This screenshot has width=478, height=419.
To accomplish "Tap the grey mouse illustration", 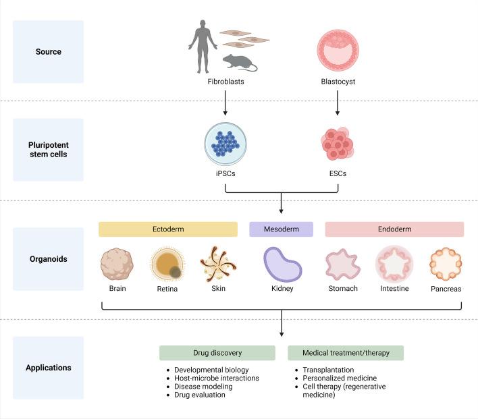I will click(x=240, y=63).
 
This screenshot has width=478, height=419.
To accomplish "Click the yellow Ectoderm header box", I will click(x=168, y=229).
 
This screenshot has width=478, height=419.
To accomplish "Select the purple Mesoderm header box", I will click(x=281, y=229).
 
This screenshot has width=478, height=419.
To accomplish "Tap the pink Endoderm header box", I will click(x=394, y=229).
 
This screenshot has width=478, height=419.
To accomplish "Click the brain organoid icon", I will click(x=117, y=264).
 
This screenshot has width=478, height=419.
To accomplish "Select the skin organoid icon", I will click(x=217, y=264).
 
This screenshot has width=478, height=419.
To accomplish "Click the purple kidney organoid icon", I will click(x=281, y=264).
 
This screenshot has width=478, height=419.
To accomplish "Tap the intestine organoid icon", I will click(x=394, y=264).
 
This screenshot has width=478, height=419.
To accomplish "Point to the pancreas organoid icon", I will click(x=446, y=264).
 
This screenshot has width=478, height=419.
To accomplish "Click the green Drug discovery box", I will click(x=217, y=353).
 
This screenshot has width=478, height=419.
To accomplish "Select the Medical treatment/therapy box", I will click(x=345, y=353).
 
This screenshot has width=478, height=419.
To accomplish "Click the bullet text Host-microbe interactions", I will click(x=216, y=379).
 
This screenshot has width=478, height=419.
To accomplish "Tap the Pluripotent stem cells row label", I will click(x=48, y=149).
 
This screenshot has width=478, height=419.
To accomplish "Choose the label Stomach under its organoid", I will click(x=344, y=289).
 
